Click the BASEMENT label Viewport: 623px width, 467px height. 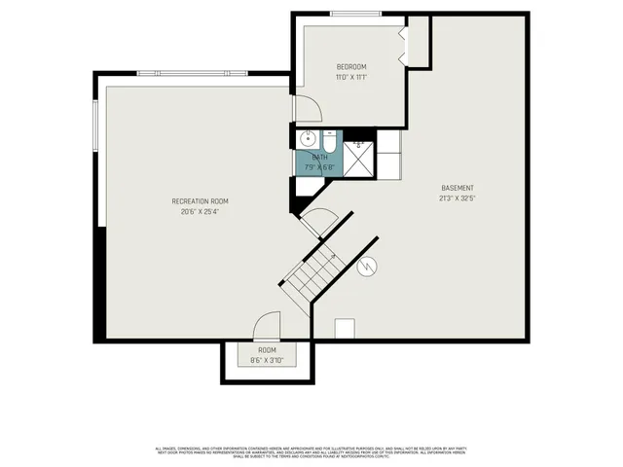[x=457, y=188]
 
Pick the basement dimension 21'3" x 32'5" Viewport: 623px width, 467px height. [x=457, y=198]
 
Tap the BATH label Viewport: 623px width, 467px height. [x=319, y=157]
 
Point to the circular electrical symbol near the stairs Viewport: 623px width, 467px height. [x=368, y=267]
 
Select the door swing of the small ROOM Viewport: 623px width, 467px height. [x=267, y=325]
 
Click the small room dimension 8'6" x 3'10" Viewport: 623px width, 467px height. [x=267, y=360]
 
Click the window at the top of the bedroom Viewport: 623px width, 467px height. [x=348, y=13]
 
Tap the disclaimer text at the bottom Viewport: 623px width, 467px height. [x=311, y=452]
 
